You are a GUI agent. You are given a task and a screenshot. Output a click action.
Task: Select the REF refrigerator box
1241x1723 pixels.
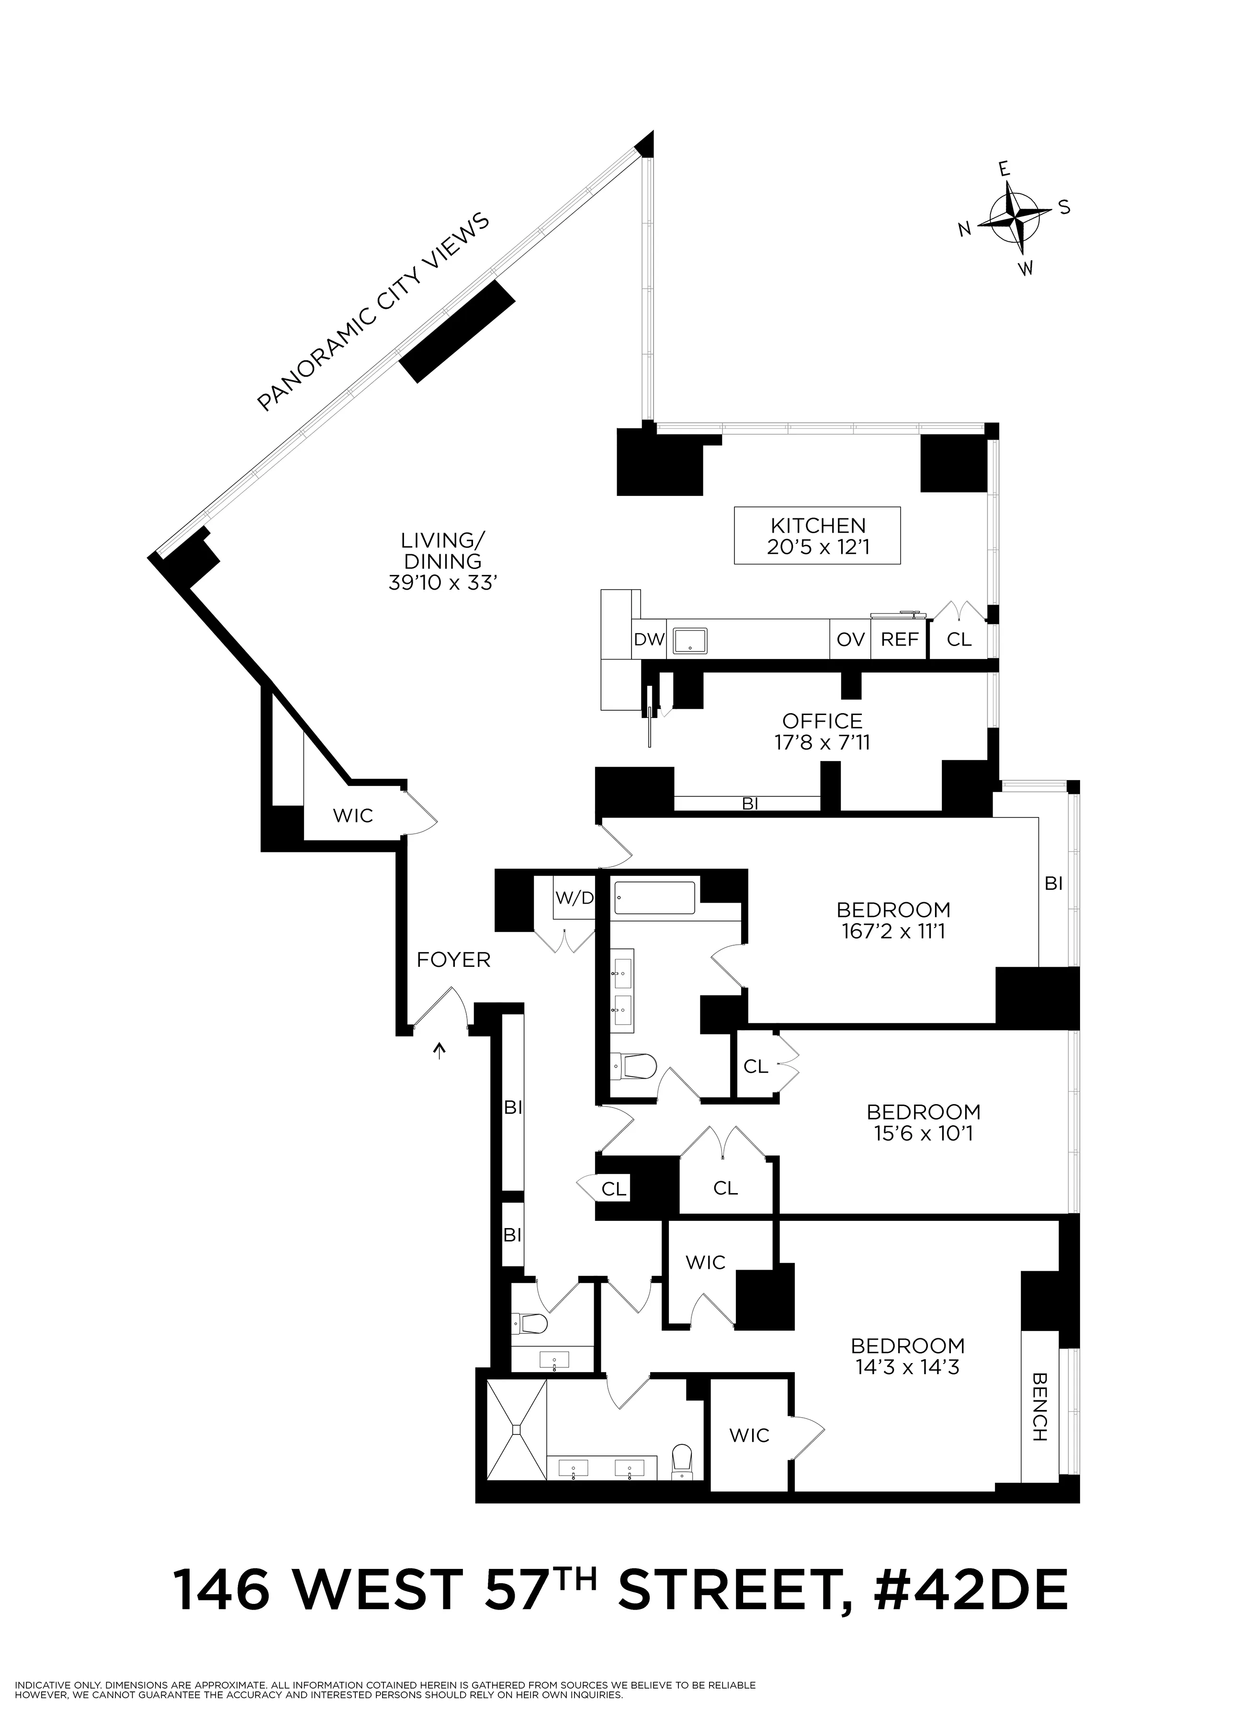[x=899, y=640]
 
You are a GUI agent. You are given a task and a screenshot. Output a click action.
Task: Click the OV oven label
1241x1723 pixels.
[x=850, y=640]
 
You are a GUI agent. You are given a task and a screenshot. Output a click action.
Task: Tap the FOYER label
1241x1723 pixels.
[x=454, y=960]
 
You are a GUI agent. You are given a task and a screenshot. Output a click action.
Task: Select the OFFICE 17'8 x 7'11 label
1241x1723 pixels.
[x=822, y=731]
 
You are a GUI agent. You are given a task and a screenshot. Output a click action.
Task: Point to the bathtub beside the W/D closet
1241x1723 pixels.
[x=654, y=897]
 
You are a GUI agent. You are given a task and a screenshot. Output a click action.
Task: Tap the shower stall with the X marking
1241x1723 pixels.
[x=517, y=1429]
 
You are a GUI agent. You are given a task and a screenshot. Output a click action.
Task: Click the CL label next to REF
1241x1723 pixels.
[x=959, y=640]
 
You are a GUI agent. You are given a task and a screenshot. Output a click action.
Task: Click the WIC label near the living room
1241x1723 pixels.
[x=353, y=816]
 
